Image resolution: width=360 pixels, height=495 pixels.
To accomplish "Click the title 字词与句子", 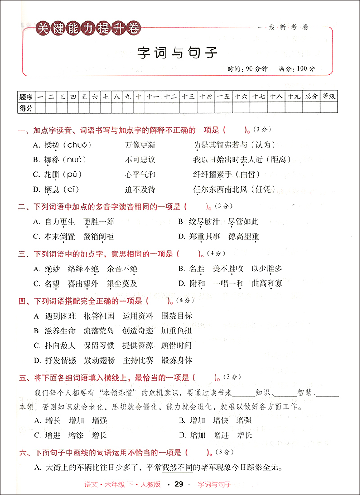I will (177, 53).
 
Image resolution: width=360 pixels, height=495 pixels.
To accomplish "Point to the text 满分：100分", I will (297, 69).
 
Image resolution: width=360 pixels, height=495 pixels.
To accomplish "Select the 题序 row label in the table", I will (26, 96).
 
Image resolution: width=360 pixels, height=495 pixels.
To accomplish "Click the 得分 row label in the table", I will (26, 108).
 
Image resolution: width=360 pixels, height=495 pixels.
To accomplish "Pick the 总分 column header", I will (311, 96).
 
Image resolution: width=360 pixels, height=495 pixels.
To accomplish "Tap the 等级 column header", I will (329, 96).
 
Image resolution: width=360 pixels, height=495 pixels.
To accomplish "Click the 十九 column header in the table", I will (294, 96).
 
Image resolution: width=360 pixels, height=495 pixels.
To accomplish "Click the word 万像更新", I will (140, 145).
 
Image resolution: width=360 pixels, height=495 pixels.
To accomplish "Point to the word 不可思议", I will (140, 160).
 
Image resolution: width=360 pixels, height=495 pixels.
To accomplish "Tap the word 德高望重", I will (243, 236).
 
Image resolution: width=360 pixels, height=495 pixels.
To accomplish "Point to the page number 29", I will (179, 484).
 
